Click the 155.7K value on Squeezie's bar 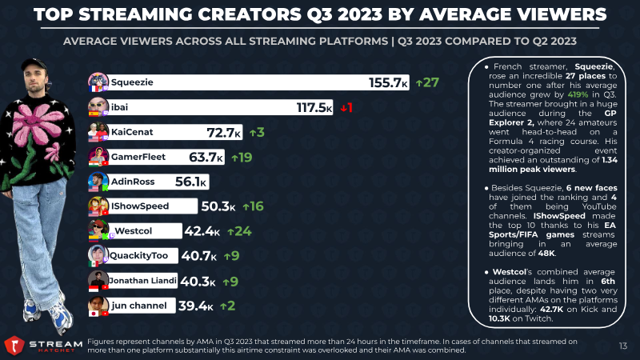[x=388, y=83]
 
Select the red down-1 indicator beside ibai [x=346, y=108]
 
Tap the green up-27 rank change [x=427, y=82]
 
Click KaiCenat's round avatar [x=98, y=132]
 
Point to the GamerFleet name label [x=138, y=157]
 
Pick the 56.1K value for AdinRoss [x=190, y=182]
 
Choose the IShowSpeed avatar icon [x=98, y=206]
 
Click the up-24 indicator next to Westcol [x=239, y=231]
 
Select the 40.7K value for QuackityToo [x=198, y=256]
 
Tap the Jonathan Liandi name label [x=142, y=281]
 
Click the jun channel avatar [x=98, y=306]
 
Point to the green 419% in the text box [x=578, y=94]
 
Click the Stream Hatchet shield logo [x=14, y=346]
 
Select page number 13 [x=623, y=346]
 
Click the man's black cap [x=34, y=64]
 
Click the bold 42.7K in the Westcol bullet [x=551, y=310]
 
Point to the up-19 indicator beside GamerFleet [x=242, y=157]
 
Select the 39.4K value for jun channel [x=195, y=306]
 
